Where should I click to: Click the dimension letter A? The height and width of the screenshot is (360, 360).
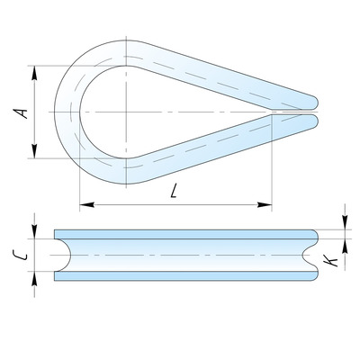coord(21,113)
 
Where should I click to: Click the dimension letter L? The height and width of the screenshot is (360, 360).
coord(174,191)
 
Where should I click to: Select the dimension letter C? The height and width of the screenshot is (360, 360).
coord(21,256)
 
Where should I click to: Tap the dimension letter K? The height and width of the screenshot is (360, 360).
coord(331,260)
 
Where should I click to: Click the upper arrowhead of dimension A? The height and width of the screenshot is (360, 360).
coord(34,73)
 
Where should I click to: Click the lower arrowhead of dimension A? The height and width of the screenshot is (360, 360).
coord(34,151)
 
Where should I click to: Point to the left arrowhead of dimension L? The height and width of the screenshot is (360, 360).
coord(87,205)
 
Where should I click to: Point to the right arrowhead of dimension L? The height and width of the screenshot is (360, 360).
coord(265,205)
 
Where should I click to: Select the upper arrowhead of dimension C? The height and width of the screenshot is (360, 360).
coord(34,231)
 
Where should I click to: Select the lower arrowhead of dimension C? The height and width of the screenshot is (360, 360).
coord(34,279)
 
